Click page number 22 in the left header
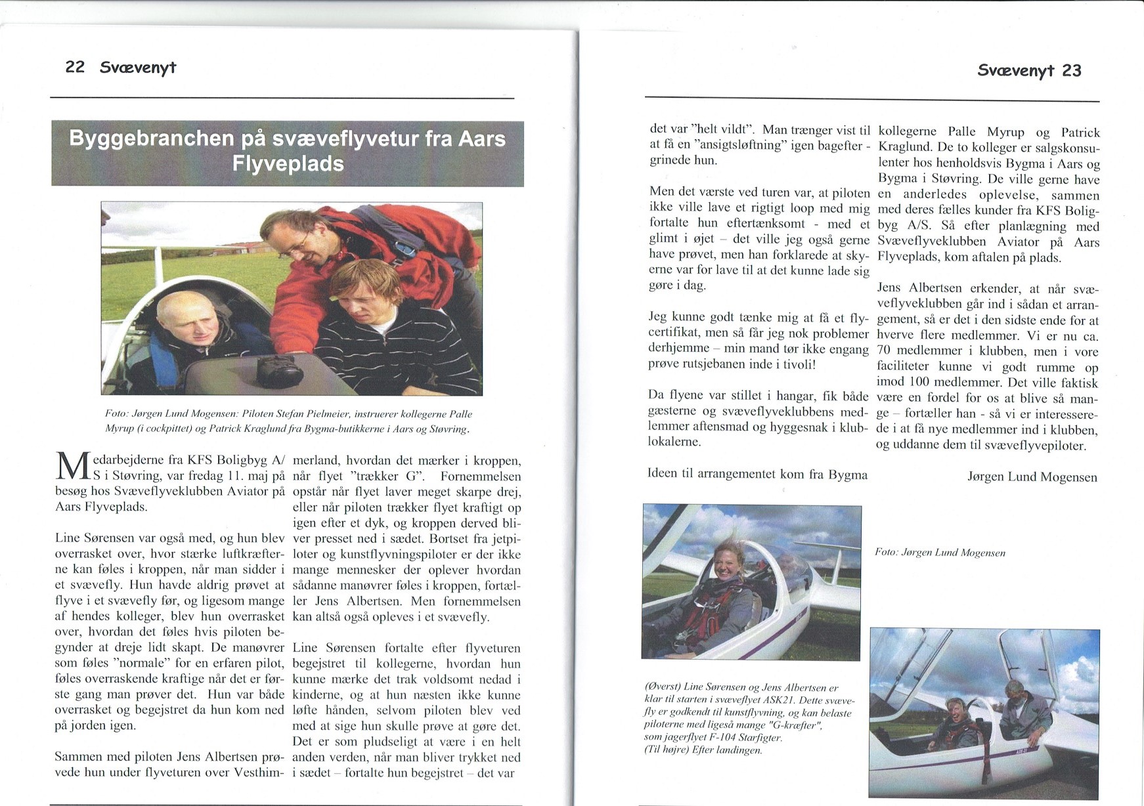click(75, 67)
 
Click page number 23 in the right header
click(1071, 71)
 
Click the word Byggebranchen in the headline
click(152, 139)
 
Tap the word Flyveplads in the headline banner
click(288, 163)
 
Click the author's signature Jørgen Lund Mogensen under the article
click(1032, 477)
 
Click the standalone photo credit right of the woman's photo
click(940, 553)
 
